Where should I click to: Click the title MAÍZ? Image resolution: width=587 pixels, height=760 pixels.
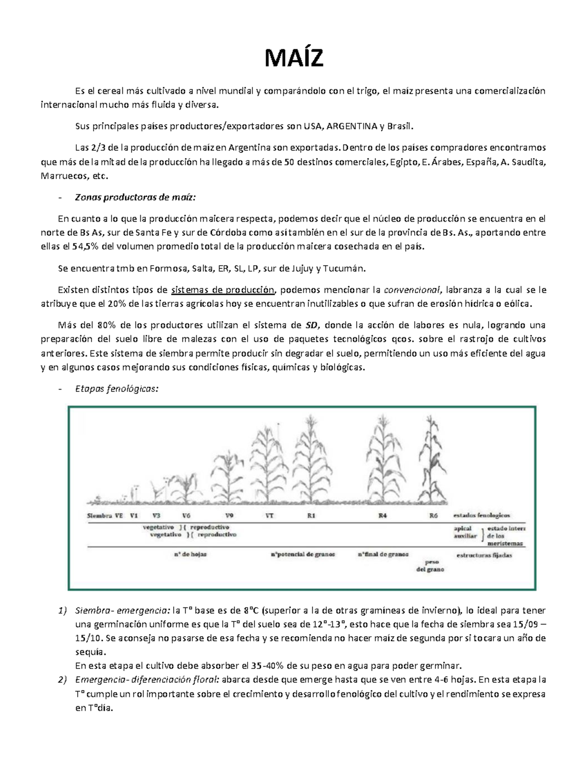coord(293,59)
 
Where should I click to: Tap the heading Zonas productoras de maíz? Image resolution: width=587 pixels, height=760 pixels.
coord(135,197)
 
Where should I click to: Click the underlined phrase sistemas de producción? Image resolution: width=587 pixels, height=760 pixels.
coord(223,290)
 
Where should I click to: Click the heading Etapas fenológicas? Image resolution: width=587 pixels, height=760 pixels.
coord(116,389)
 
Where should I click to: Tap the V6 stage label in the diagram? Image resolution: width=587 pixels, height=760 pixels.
coord(187,515)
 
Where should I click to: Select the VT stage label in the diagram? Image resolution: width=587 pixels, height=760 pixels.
coord(269,515)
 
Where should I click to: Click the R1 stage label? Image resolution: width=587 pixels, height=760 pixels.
coord(312,515)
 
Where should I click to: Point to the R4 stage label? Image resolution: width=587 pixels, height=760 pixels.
coord(383,515)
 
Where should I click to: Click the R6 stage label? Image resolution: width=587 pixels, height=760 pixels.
coord(433,515)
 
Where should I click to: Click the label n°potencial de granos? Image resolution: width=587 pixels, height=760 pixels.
coord(303,554)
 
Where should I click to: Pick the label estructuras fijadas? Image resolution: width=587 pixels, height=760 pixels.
coord(484,555)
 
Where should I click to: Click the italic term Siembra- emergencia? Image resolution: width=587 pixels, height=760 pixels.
coord(122,610)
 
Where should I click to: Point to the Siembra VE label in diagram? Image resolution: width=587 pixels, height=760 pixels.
coord(105,515)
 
